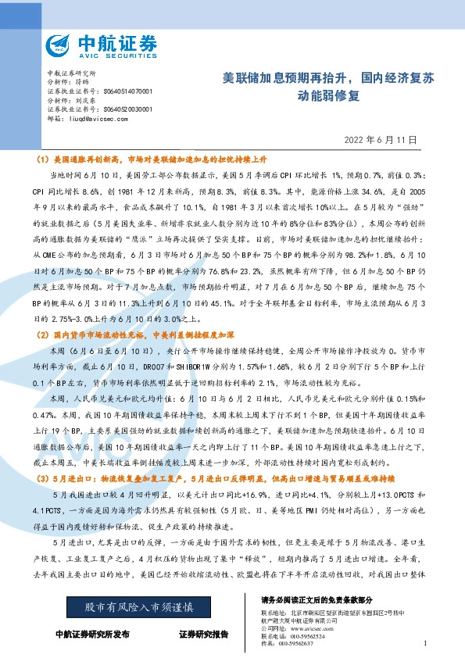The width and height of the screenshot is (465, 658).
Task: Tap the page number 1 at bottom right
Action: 424,643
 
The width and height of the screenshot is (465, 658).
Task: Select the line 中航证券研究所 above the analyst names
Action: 70,72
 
